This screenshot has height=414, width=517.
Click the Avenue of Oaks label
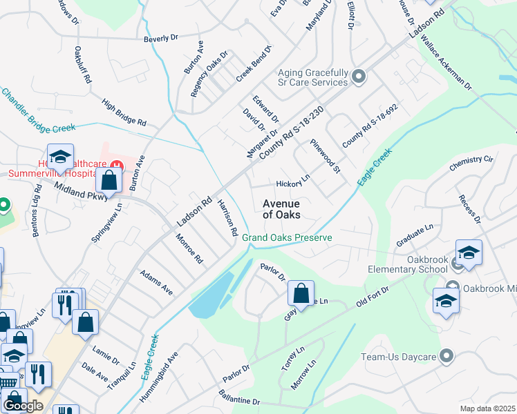click(281, 209)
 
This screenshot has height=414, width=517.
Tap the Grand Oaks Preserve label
click(287, 238)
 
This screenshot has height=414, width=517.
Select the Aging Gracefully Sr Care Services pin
click(359, 77)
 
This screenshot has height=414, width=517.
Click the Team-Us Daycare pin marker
click(446, 356)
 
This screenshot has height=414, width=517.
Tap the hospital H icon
click(118, 166)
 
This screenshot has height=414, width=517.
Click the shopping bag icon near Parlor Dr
click(301, 293)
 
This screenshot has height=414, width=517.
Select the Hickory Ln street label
click(293, 184)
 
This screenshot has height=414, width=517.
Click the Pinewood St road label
click(326, 156)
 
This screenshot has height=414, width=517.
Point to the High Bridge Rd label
click(124, 112)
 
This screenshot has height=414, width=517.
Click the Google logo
click(23, 406)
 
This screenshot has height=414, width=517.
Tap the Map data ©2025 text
click(488, 408)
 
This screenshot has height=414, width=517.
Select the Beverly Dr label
click(161, 39)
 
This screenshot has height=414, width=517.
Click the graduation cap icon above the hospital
click(60, 156)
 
